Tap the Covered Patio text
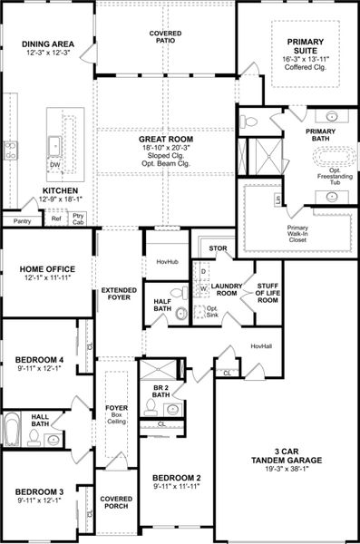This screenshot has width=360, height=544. click(164, 36)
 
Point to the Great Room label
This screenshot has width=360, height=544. click(164, 141)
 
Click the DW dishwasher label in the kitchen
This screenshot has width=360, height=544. click(55, 165)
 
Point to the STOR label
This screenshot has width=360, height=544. click(218, 247)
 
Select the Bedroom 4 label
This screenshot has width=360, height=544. click(37, 360)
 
